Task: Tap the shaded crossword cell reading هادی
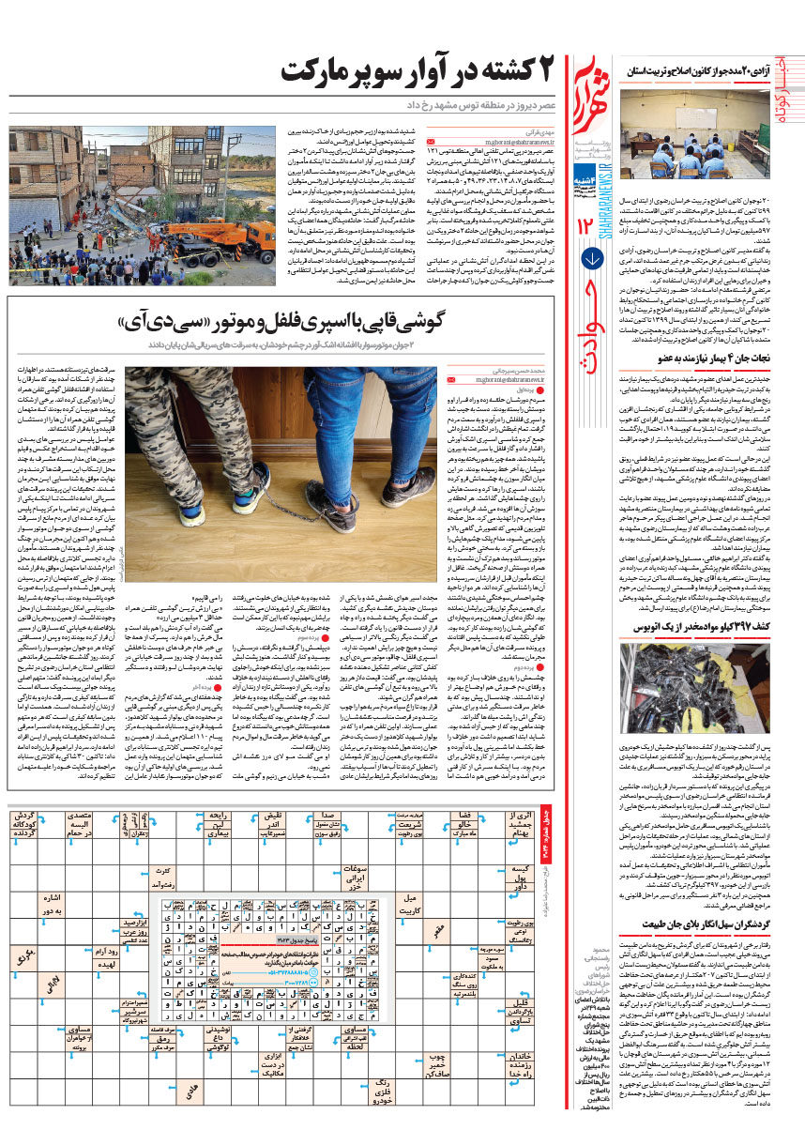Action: pos(193,1089)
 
